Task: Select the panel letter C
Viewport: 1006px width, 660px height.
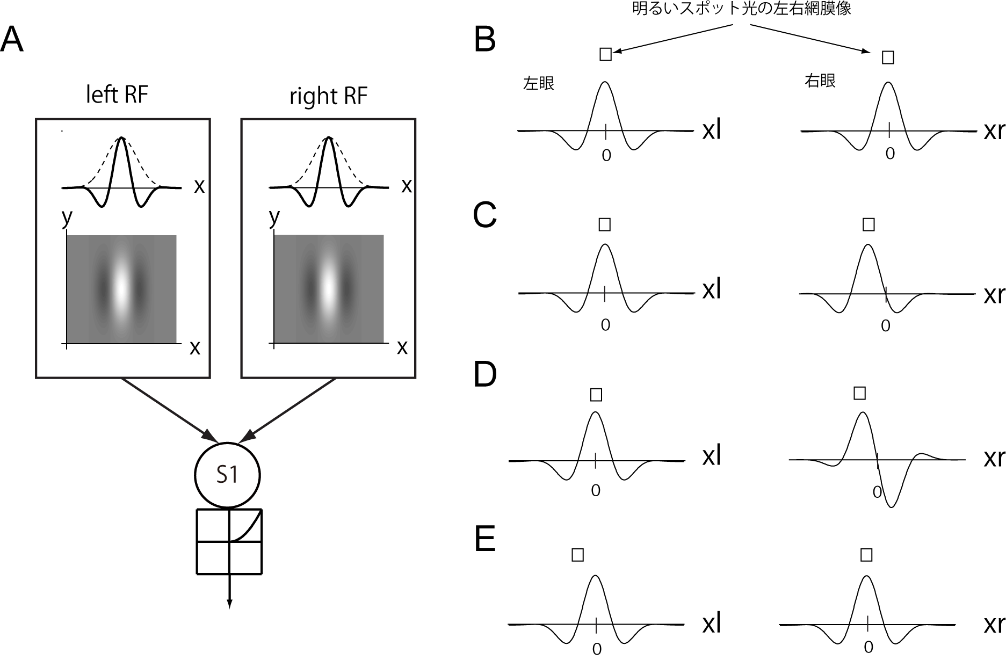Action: (485, 215)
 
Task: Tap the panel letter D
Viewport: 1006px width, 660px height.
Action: (485, 375)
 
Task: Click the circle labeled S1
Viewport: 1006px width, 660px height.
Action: (227, 475)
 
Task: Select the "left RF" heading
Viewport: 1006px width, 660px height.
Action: (117, 95)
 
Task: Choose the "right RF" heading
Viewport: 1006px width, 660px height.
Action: (328, 96)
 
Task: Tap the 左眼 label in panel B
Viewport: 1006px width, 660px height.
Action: (538, 84)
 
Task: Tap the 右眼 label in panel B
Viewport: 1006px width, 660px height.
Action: (820, 81)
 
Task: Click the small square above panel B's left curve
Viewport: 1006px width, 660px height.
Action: (605, 54)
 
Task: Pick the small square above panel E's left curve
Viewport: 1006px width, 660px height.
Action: (577, 555)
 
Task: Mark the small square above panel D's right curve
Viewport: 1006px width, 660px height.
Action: (859, 393)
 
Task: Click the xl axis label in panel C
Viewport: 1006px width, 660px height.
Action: (711, 291)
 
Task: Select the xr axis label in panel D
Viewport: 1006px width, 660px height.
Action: (994, 458)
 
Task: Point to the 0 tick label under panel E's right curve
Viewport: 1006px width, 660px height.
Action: (869, 648)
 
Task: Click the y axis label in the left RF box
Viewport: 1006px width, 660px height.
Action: (67, 217)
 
